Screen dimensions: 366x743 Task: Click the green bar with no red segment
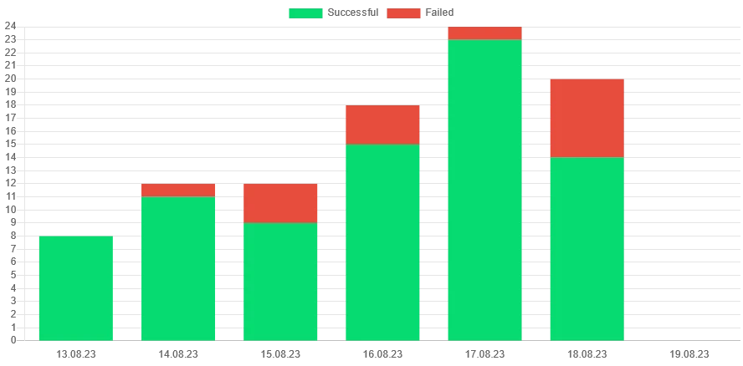click(x=76, y=287)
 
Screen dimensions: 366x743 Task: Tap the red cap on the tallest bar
click(x=484, y=33)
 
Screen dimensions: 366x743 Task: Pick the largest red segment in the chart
click(x=587, y=118)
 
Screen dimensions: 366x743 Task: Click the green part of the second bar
click(x=178, y=268)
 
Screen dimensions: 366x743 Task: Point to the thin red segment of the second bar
click(x=178, y=190)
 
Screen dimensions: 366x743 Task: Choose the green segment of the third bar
click(x=280, y=281)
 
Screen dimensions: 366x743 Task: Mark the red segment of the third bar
click(x=280, y=203)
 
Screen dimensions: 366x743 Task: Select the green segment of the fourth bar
click(x=382, y=242)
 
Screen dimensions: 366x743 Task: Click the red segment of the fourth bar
click(x=382, y=125)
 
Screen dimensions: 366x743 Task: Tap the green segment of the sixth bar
click(x=587, y=248)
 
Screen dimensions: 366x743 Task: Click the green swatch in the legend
click(x=305, y=13)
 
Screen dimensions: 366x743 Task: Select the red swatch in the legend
click(x=405, y=13)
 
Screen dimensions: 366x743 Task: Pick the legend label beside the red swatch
click(x=438, y=13)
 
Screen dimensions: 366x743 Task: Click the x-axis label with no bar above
click(x=689, y=353)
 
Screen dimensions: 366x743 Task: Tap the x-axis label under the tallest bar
click(x=484, y=353)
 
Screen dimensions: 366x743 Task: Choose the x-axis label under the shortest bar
click(x=76, y=353)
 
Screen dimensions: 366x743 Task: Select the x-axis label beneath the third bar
click(x=280, y=353)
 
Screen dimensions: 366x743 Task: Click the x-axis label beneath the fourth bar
click(x=382, y=353)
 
